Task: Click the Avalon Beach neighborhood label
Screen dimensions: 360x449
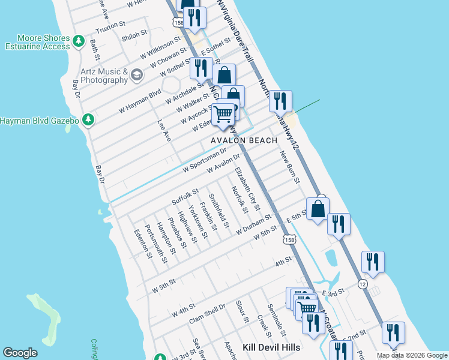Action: click(244, 140)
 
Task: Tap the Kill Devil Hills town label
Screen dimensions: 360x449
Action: click(271, 347)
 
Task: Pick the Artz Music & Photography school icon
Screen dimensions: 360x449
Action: click(137, 74)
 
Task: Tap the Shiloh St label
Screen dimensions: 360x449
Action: click(134, 35)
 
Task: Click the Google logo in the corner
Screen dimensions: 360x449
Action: click(20, 353)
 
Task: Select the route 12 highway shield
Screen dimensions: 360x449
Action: click(362, 283)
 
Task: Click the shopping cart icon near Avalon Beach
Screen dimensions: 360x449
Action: click(223, 113)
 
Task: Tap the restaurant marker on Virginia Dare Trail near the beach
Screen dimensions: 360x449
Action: click(280, 101)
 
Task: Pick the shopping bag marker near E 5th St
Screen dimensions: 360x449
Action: click(318, 209)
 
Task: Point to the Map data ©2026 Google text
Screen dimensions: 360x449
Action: click(412, 355)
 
